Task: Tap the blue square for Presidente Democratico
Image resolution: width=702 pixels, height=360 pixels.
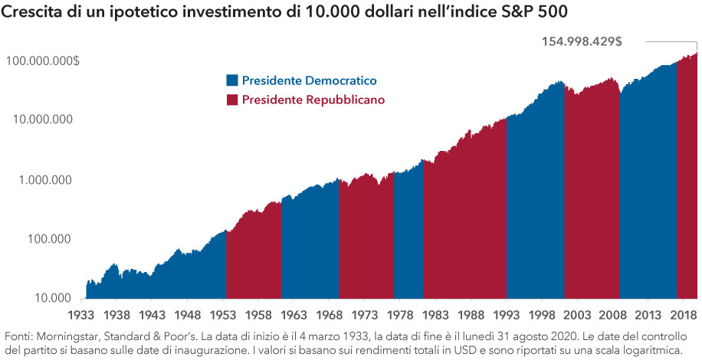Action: [232, 80]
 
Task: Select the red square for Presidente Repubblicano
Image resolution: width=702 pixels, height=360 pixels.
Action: [232, 100]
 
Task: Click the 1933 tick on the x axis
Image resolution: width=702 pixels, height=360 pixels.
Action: [80, 314]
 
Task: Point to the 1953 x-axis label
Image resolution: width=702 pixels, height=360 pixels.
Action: [224, 314]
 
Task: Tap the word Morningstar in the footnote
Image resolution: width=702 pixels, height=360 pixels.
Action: [73, 336]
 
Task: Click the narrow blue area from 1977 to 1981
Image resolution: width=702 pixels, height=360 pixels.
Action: [408, 245]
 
